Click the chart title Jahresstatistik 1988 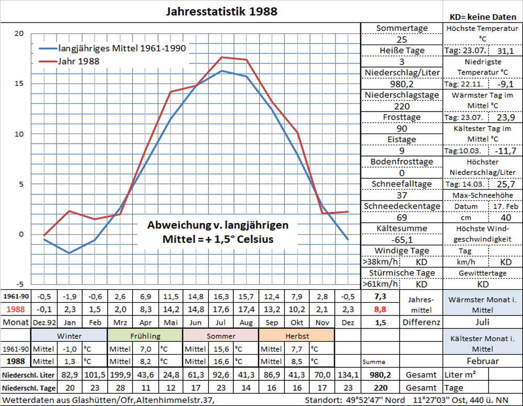click(221, 11)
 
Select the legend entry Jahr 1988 click(79, 61)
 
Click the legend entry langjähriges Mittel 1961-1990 click(122, 48)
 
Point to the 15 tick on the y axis click(19, 83)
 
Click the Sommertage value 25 click(402, 40)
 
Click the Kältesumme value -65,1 click(402, 240)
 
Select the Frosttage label click(402, 117)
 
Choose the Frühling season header click(144, 336)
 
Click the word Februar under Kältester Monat click(482, 361)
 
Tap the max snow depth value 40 click(506, 217)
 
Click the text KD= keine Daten click(483, 17)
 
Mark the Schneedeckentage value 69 click(402, 217)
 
